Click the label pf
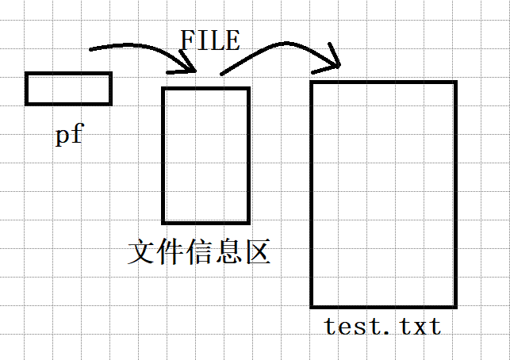(69, 135)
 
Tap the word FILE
(209, 40)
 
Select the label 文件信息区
(199, 252)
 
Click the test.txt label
(382, 325)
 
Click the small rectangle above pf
(68, 88)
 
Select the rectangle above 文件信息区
(205, 155)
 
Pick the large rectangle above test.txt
(383, 193)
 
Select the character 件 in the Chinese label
(171, 252)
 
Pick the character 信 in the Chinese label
(199, 252)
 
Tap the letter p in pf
(62, 136)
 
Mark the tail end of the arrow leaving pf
(91, 49)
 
